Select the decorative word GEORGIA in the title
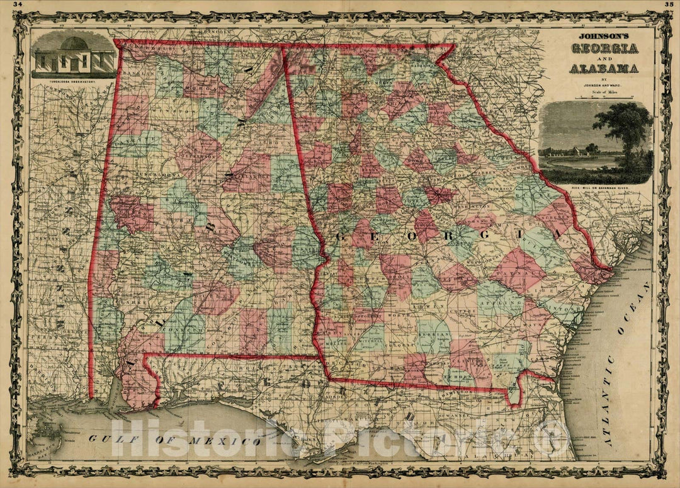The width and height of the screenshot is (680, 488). pos(604,48)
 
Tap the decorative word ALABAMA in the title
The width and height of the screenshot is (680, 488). pos(604,68)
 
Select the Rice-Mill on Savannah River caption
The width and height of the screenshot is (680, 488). pos(596,188)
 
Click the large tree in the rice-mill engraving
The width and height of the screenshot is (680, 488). pos(623,126)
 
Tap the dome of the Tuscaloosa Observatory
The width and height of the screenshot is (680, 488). pos(74,44)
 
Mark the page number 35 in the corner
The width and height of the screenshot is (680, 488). pos(668,4)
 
